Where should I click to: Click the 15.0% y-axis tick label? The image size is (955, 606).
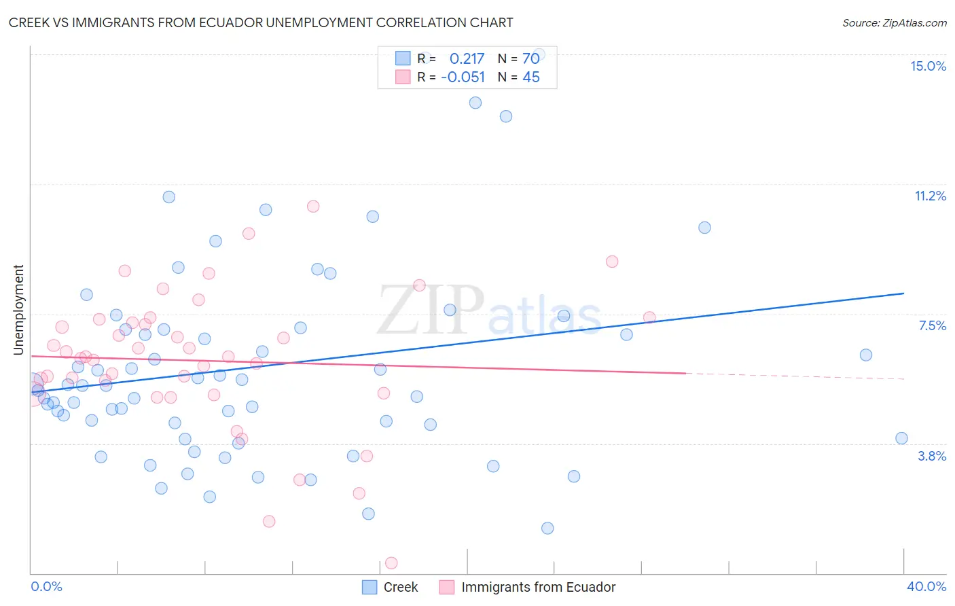(x=928, y=66)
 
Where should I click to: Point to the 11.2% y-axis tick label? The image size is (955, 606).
(x=930, y=196)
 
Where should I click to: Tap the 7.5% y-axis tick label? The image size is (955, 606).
(x=932, y=325)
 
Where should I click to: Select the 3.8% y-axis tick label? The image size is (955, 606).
(x=932, y=456)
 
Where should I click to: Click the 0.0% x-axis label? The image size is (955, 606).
(x=46, y=586)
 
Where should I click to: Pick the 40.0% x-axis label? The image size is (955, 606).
(x=926, y=586)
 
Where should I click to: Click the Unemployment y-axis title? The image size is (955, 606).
(x=18, y=310)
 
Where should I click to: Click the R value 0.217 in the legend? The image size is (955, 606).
(x=467, y=58)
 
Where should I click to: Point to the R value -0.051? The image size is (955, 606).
(x=463, y=77)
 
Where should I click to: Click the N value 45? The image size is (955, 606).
(x=530, y=77)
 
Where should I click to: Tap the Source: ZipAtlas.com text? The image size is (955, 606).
(x=894, y=22)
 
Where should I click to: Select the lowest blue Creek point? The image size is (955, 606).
(x=547, y=528)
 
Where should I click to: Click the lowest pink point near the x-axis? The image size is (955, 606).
(x=391, y=563)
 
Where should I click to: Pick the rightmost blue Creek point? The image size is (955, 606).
(x=901, y=438)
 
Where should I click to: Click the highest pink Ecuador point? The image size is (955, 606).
(x=313, y=206)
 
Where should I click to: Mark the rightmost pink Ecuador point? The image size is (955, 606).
(x=649, y=317)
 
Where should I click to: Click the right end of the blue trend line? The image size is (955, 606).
(x=903, y=293)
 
